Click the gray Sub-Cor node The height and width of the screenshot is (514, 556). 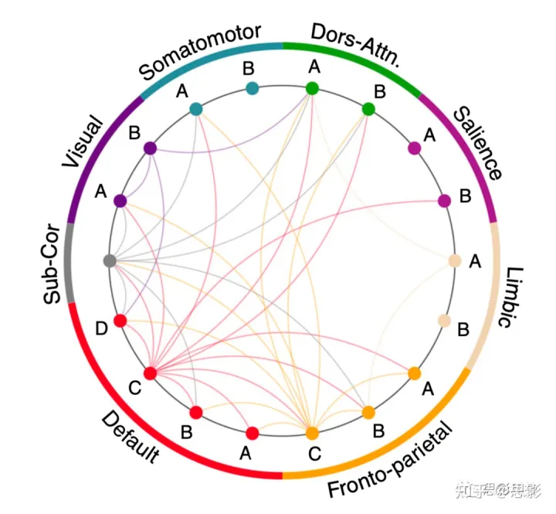[109, 260]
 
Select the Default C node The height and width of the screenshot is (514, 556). [150, 373]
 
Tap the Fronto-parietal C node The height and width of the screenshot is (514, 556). [312, 433]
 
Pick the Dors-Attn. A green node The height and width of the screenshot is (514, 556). [312, 88]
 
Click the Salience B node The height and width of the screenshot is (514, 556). [444, 201]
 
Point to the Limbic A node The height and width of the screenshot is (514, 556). [455, 260]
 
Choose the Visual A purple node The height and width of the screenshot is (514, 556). [120, 200]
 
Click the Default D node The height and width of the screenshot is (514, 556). [120, 320]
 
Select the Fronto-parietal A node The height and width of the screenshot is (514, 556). [414, 373]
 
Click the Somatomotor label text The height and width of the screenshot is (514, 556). [200, 52]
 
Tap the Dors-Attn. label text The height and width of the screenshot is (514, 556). [354, 46]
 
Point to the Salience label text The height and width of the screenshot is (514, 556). [478, 142]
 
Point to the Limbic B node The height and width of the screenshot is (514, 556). [444, 320]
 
